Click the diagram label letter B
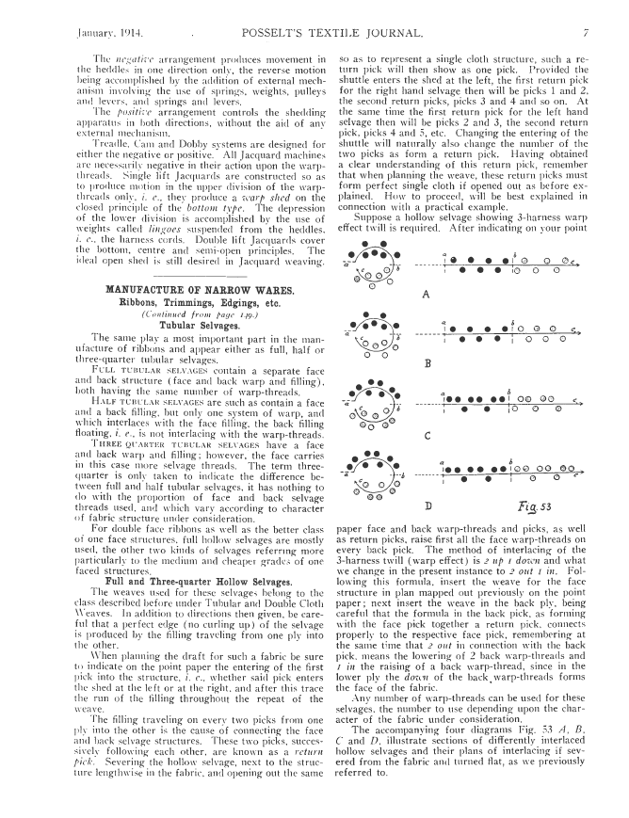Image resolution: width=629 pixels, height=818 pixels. (x=427, y=363)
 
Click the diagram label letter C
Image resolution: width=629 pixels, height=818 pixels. (x=427, y=435)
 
